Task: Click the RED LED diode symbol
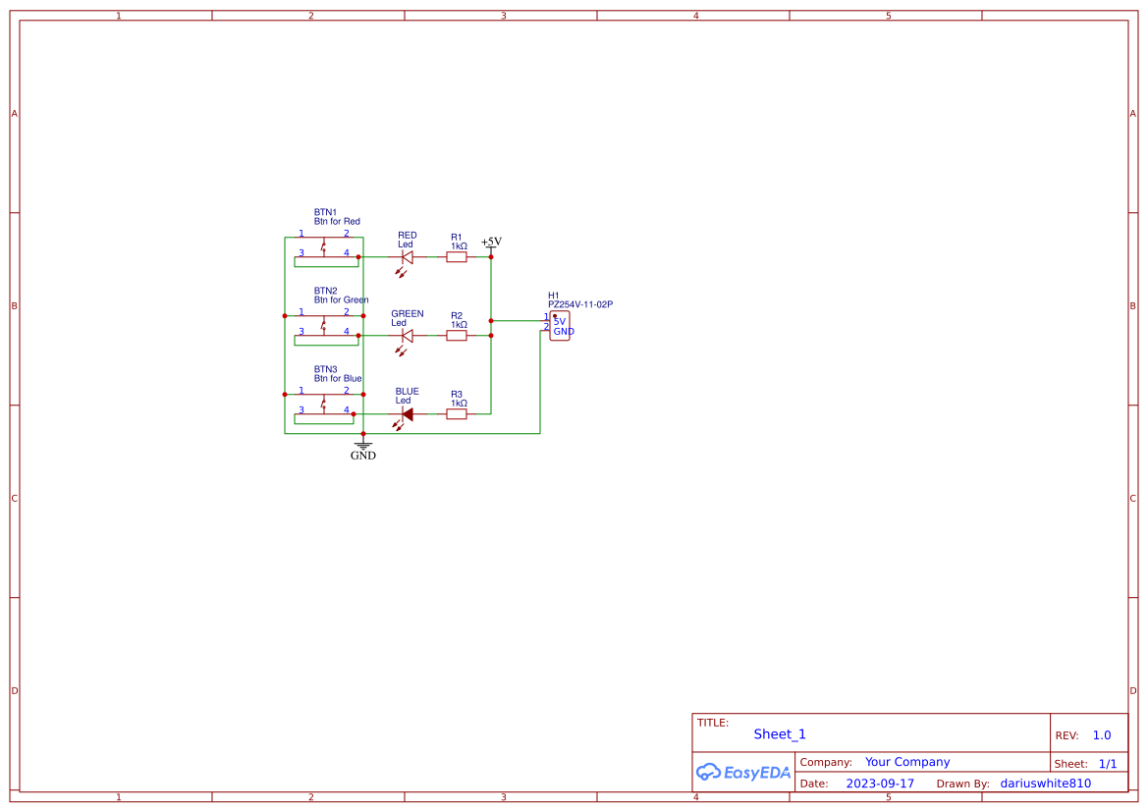pyautogui.click(x=408, y=257)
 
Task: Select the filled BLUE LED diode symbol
pyautogui.click(x=407, y=414)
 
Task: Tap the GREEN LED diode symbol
pyautogui.click(x=408, y=336)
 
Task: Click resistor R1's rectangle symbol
pyautogui.click(x=457, y=257)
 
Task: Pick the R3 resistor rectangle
pyautogui.click(x=457, y=414)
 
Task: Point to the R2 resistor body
pyautogui.click(x=457, y=336)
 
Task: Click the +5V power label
pyautogui.click(x=491, y=242)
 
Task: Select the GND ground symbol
pyautogui.click(x=363, y=450)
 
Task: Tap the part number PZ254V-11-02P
pyautogui.click(x=579, y=304)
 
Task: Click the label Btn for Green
pyautogui.click(x=341, y=300)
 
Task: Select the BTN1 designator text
pyautogui.click(x=325, y=212)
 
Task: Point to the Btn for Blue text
pyautogui.click(x=338, y=379)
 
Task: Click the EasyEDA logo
pyautogui.click(x=742, y=772)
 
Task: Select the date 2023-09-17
pyautogui.click(x=879, y=784)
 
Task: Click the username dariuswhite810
pyautogui.click(x=1045, y=784)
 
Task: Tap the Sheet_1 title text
pyautogui.click(x=779, y=734)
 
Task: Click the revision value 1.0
pyautogui.click(x=1101, y=735)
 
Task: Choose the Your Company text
pyautogui.click(x=906, y=762)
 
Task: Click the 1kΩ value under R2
pyautogui.click(x=459, y=325)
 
